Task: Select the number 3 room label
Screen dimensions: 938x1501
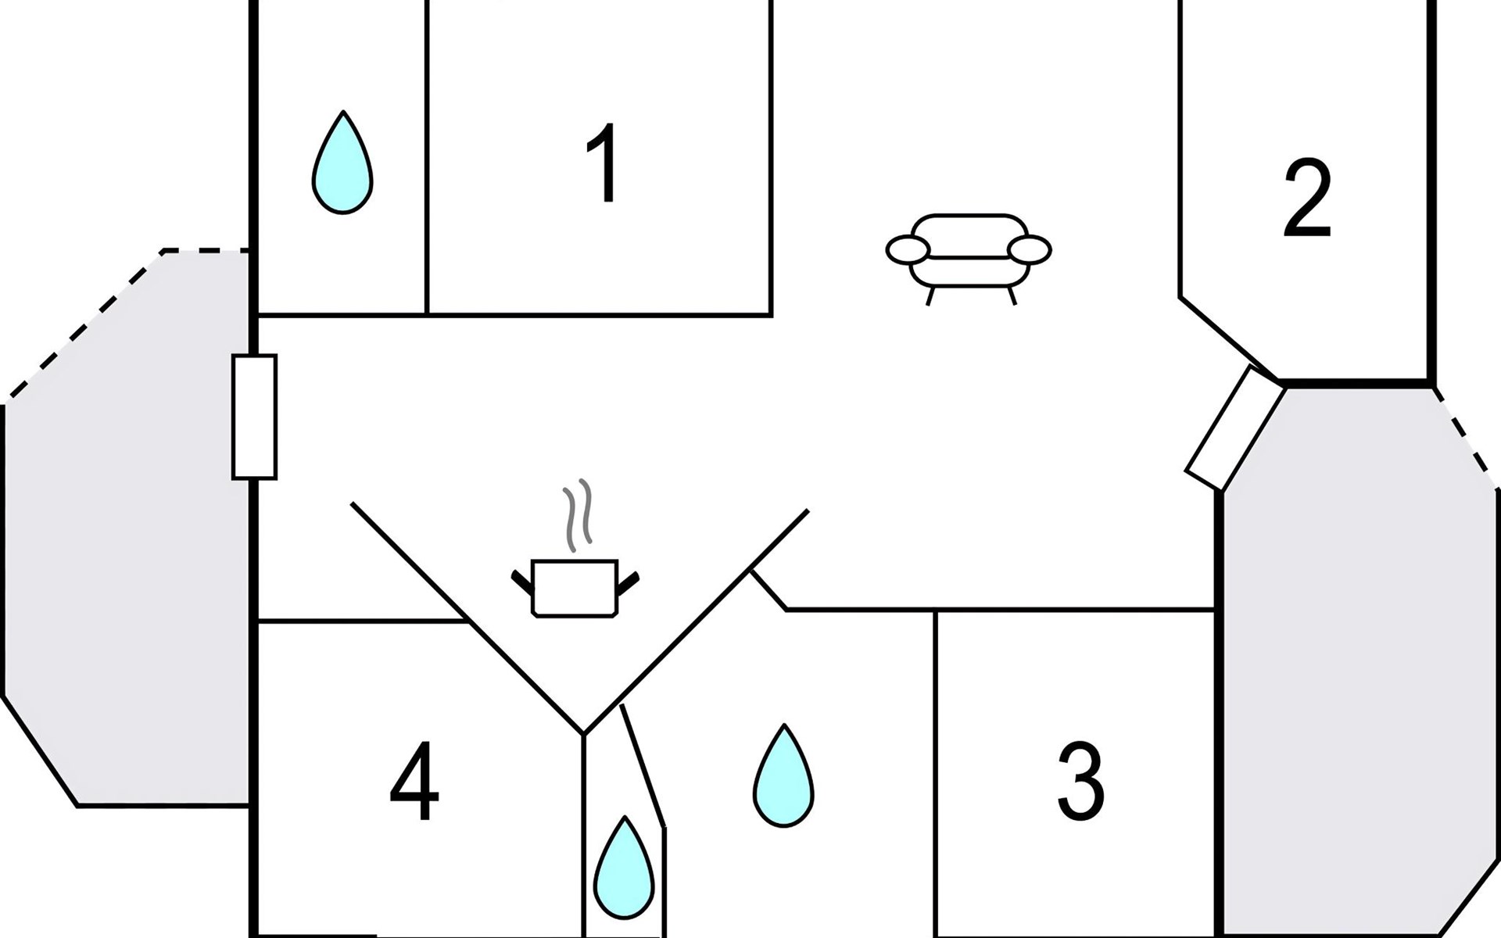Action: [x=1080, y=781]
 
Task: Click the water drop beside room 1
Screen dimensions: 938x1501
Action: [x=342, y=164]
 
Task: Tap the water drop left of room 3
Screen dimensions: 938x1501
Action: [x=783, y=777]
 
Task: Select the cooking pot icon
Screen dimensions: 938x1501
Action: [x=575, y=588]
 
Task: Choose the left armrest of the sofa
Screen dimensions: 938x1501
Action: [x=908, y=250]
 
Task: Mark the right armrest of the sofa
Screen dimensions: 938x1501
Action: [x=1030, y=250]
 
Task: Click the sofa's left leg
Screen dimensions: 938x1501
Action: [x=930, y=295]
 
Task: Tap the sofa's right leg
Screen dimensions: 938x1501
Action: [x=1012, y=295]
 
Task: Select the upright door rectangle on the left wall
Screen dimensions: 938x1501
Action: [x=254, y=417]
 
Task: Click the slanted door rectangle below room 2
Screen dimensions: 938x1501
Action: [x=1235, y=429]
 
